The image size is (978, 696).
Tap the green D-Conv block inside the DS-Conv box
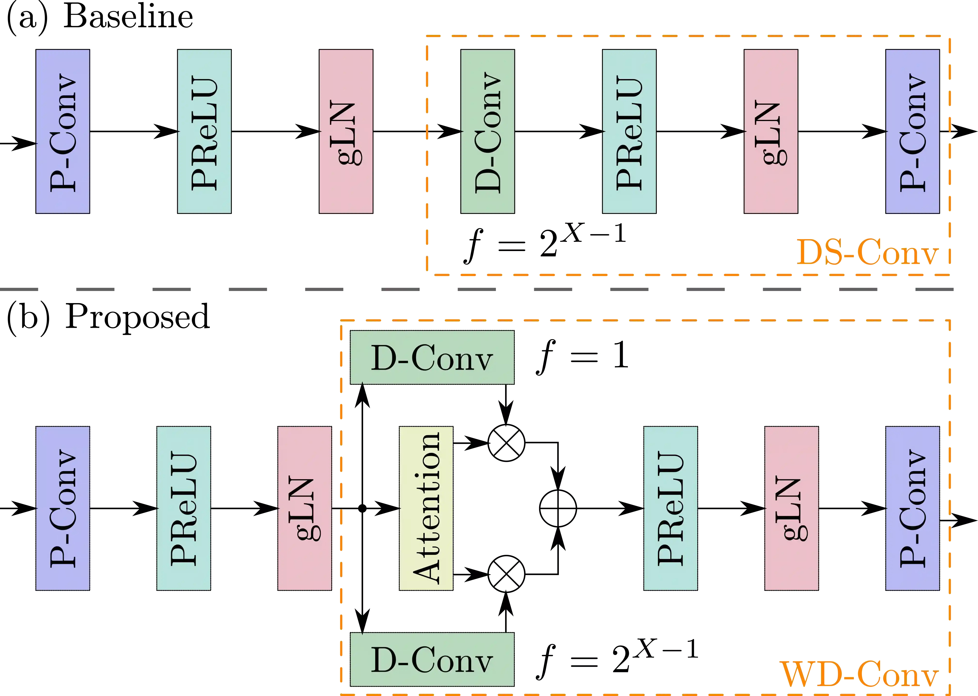coord(487,131)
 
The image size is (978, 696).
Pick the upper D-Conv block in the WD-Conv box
coord(432,357)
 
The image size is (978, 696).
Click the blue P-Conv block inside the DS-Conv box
coord(912,131)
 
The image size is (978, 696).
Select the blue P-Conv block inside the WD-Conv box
coord(912,508)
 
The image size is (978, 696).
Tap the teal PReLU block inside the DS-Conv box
coord(629,131)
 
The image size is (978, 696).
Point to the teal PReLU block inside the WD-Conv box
coord(671,508)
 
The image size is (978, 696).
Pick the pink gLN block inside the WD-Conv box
coord(791,508)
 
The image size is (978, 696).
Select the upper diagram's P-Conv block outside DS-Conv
coord(63,131)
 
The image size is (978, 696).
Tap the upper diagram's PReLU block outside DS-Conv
coord(204,131)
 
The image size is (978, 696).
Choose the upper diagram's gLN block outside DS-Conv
coord(346,131)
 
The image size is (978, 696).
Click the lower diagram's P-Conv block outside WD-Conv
coord(63,508)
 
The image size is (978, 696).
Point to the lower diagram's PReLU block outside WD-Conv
coord(183,508)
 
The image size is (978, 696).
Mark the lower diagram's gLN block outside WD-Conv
coord(305,508)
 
